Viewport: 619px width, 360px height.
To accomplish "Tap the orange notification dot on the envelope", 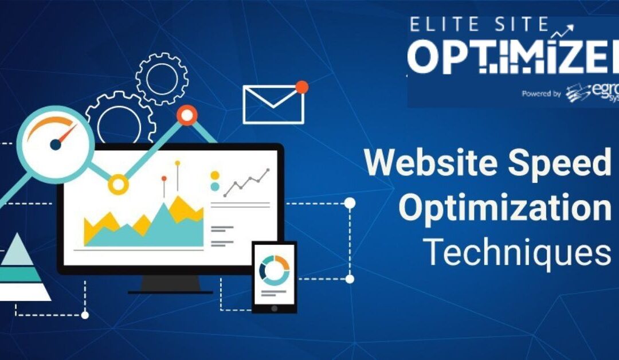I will [301, 87].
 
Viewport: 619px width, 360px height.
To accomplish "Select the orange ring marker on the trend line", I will [187, 115].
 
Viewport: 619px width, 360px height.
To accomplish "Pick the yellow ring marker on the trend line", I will [119, 184].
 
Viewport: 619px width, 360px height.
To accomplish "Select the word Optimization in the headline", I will [505, 208].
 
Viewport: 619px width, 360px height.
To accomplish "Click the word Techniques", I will [516, 252].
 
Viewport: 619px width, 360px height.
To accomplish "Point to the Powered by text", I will [541, 93].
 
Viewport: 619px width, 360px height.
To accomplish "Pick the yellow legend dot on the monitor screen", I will [215, 175].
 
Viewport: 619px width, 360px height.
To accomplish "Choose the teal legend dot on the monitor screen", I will [215, 186].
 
